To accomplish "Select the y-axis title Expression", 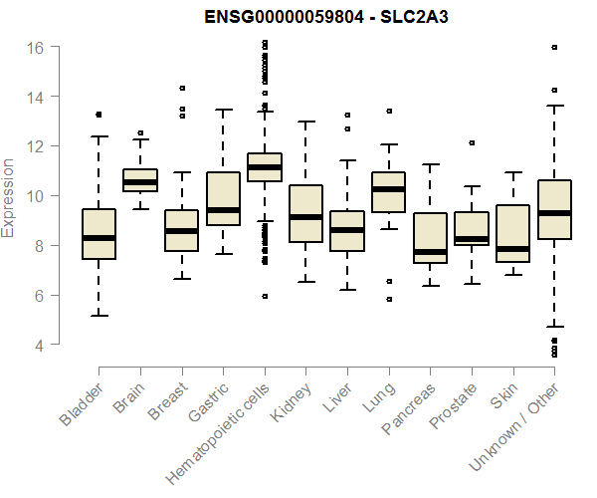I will click(x=9, y=197).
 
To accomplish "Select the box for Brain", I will click(x=140, y=180).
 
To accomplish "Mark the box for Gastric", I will click(x=223, y=199).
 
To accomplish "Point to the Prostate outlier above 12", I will click(x=472, y=142).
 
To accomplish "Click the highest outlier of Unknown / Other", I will click(x=554, y=47).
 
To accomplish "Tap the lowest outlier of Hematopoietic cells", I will click(x=265, y=296).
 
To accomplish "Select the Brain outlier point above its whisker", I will click(x=140, y=132).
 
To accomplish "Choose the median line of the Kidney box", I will click(x=305, y=216).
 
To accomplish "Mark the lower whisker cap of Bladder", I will click(x=99, y=316).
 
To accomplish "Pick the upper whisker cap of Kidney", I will click(x=305, y=122).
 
